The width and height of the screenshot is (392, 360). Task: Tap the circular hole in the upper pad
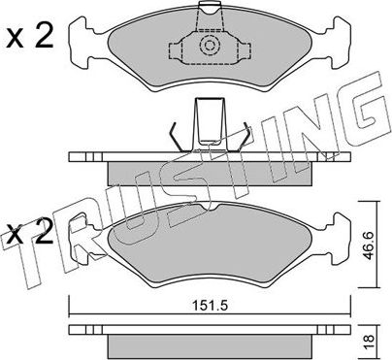[x=208, y=46]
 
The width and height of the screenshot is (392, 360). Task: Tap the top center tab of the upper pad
[x=208, y=12]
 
